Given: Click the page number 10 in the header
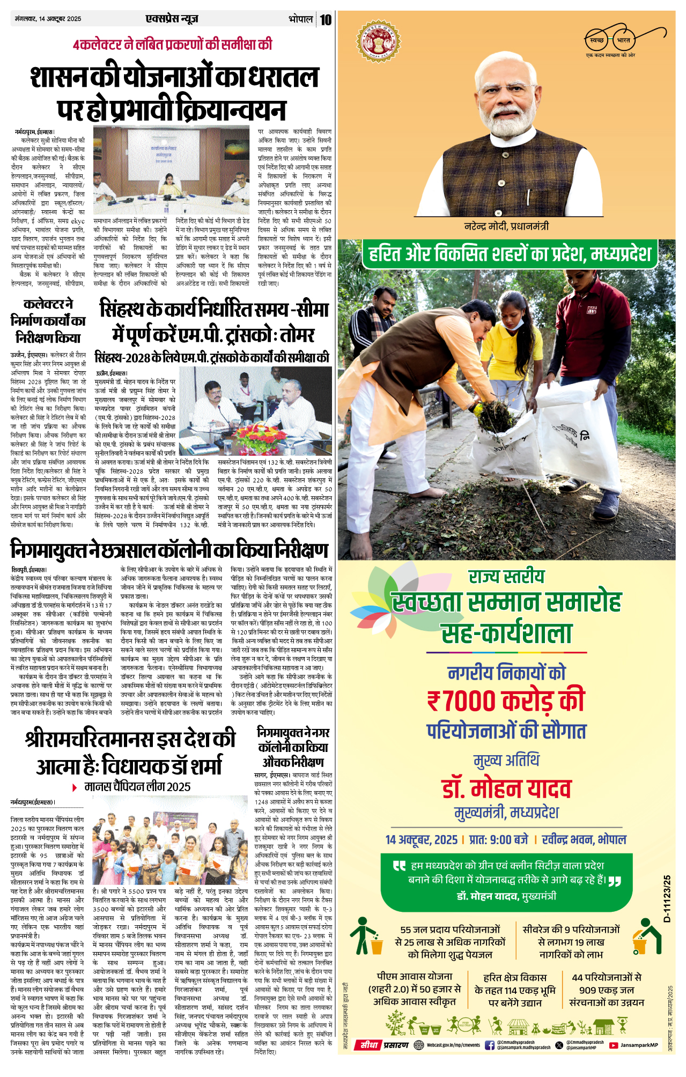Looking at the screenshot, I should point(326,20).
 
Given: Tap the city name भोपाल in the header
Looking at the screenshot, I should point(300,19).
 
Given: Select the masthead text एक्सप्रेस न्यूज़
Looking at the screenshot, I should point(172,19).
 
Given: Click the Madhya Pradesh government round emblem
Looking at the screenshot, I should point(379,41).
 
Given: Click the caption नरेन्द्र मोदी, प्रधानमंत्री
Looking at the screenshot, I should point(506,226).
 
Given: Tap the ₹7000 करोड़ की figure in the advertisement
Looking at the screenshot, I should point(506,701).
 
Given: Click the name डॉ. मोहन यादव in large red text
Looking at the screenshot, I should point(506,789).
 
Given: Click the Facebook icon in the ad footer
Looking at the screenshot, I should point(489,1045).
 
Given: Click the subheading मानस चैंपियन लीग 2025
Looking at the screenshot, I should point(137,787).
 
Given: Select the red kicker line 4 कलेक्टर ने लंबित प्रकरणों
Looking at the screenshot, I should point(173,44).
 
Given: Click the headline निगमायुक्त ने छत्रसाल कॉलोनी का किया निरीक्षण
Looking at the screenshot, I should point(169,550).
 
